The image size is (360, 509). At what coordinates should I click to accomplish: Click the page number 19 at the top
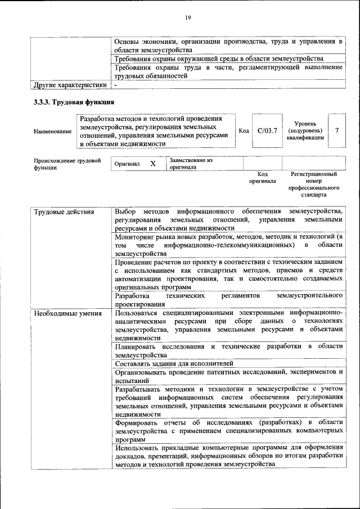(188, 18)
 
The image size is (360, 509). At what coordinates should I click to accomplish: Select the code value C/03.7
(267, 131)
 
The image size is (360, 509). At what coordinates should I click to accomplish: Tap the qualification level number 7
(336, 130)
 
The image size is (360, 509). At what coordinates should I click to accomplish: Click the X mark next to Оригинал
(152, 164)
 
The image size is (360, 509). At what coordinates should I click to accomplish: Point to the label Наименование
(53, 132)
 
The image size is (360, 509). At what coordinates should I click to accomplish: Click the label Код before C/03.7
(244, 131)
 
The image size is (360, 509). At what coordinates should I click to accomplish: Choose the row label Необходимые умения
(67, 313)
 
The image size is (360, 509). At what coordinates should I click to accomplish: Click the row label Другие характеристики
(70, 85)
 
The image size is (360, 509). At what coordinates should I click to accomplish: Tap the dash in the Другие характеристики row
(116, 85)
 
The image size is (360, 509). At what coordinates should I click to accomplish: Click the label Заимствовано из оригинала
(191, 164)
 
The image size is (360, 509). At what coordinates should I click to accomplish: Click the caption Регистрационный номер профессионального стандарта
(314, 185)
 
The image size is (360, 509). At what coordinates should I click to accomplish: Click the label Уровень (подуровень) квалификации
(305, 130)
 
